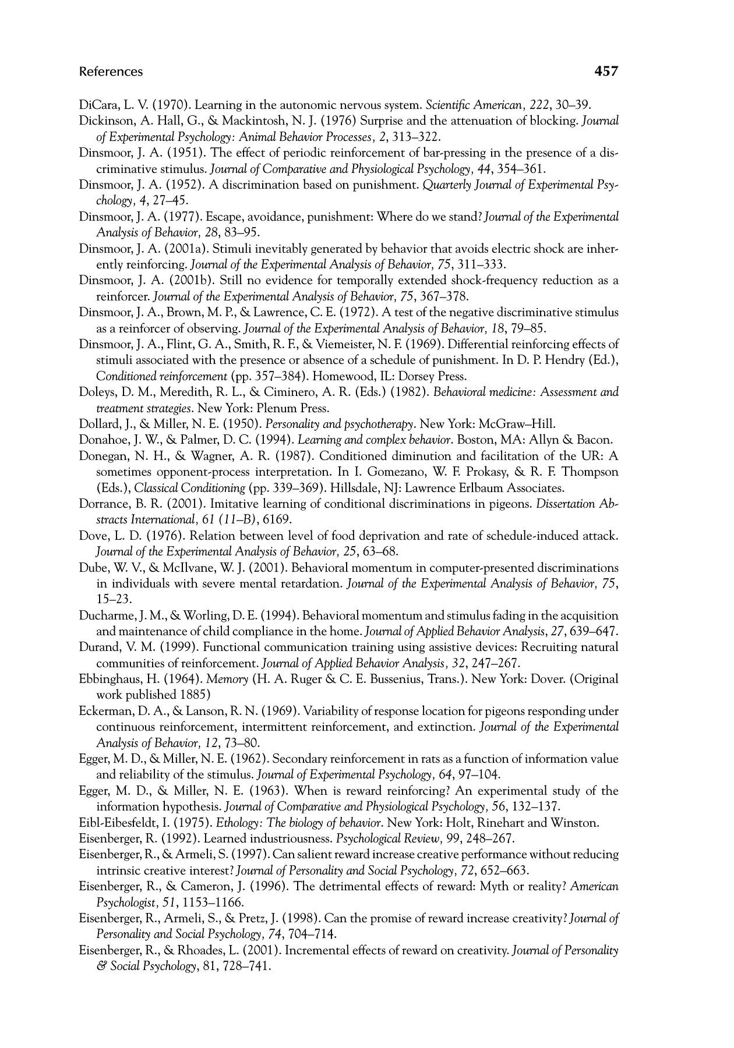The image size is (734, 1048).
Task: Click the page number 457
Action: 605,72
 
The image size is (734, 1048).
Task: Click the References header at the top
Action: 111,72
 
